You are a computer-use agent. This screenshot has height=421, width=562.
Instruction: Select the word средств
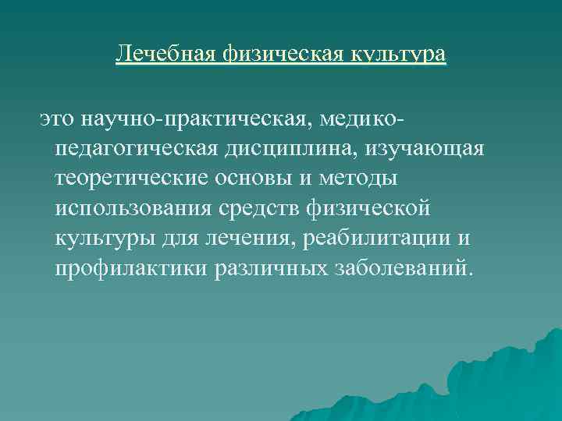click(272, 209)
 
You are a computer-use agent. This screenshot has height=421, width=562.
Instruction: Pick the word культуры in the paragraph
click(102, 239)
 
